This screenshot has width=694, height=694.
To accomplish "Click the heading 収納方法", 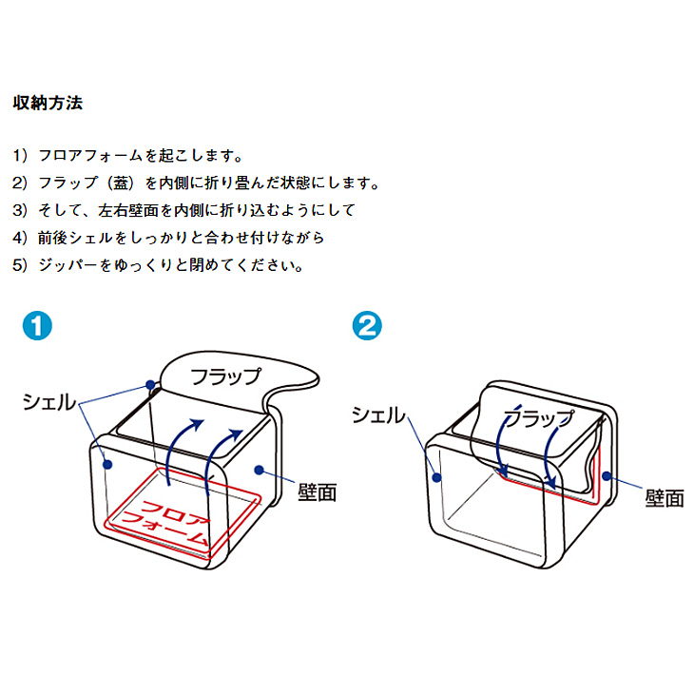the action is pyautogui.click(x=48, y=103).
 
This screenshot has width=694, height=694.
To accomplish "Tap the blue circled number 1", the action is pyautogui.click(x=37, y=326).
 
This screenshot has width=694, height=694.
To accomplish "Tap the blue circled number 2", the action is pyautogui.click(x=367, y=326).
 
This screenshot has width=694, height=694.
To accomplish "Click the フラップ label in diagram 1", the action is pyautogui.click(x=225, y=376).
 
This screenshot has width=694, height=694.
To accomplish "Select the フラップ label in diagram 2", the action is pyautogui.click(x=539, y=417).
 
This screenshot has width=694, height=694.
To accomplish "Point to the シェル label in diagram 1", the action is pyautogui.click(x=49, y=402).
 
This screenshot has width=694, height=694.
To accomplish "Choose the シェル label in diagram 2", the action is pyautogui.click(x=378, y=415).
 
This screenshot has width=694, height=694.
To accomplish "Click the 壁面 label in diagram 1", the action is pyautogui.click(x=318, y=492).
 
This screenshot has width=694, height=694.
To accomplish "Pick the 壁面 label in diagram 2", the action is pyautogui.click(x=665, y=497).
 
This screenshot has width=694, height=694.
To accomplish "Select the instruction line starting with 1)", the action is pyautogui.click(x=128, y=155).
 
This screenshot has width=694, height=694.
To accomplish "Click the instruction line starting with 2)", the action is pyautogui.click(x=196, y=183).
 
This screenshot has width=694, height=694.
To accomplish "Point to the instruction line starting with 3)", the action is pyautogui.click(x=184, y=210).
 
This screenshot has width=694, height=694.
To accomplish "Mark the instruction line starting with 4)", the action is pyautogui.click(x=168, y=238).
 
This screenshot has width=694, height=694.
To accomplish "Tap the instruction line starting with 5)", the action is pyautogui.click(x=158, y=265).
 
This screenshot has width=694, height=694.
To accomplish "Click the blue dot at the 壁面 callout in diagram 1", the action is pyautogui.click(x=260, y=470).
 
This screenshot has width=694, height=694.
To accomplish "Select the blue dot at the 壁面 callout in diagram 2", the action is pyautogui.click(x=607, y=476).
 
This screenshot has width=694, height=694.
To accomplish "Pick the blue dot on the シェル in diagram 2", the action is pyautogui.click(x=437, y=477).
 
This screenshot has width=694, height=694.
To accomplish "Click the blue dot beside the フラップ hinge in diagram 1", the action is pyautogui.click(x=150, y=384).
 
